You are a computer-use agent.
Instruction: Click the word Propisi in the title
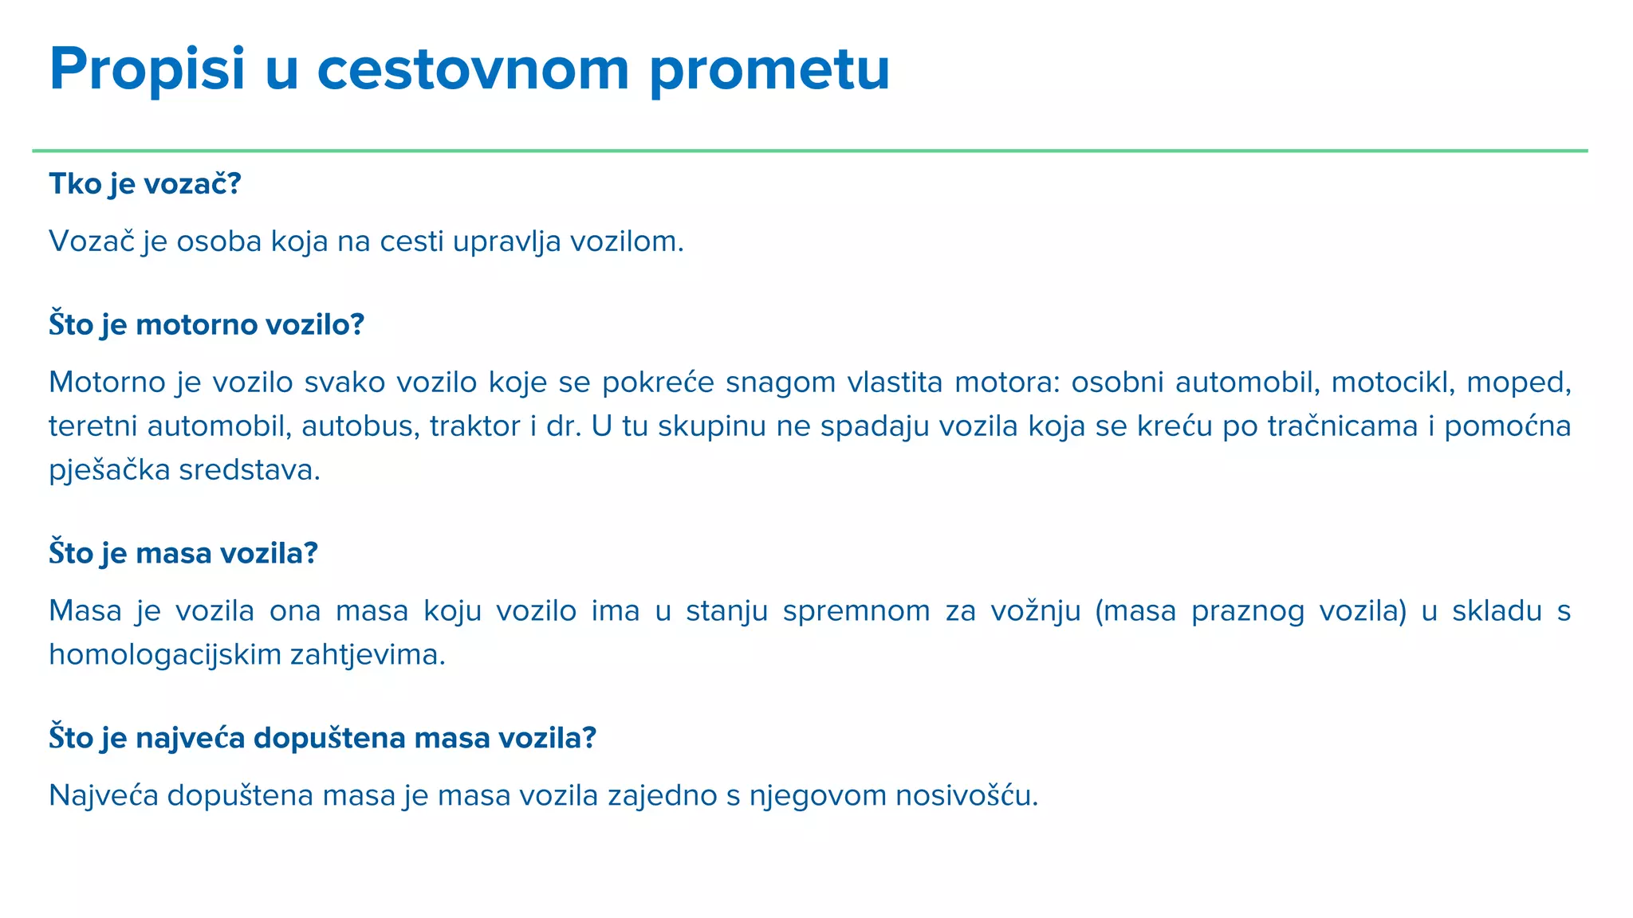click(148, 70)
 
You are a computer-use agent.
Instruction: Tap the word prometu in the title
click(769, 70)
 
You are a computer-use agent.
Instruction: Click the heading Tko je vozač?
click(144, 184)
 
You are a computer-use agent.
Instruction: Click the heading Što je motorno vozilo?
click(206, 325)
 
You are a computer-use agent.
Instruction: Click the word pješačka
click(109, 470)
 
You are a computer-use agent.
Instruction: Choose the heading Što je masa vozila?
click(183, 553)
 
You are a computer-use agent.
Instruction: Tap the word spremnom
click(856, 611)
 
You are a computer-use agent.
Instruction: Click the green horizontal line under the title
click(809, 151)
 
